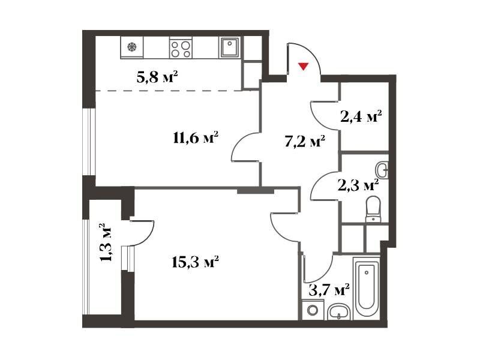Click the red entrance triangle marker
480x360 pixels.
[x=304, y=67]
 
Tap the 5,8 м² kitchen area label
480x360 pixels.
[x=157, y=77]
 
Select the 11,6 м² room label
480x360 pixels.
[x=196, y=138]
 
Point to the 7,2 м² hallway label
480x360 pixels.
[x=305, y=142]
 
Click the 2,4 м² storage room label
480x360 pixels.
[x=361, y=116]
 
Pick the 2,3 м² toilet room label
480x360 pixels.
[x=358, y=185]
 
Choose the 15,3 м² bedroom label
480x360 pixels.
[x=195, y=262]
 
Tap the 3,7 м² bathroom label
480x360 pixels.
[x=329, y=290]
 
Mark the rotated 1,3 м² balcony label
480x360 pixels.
[x=106, y=242]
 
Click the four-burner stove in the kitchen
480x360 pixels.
[x=181, y=49]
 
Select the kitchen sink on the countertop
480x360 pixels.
[x=229, y=47]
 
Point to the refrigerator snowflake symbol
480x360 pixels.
[x=132, y=47]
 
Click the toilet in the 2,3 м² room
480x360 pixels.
[x=373, y=209]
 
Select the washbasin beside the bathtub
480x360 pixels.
[x=338, y=312]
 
